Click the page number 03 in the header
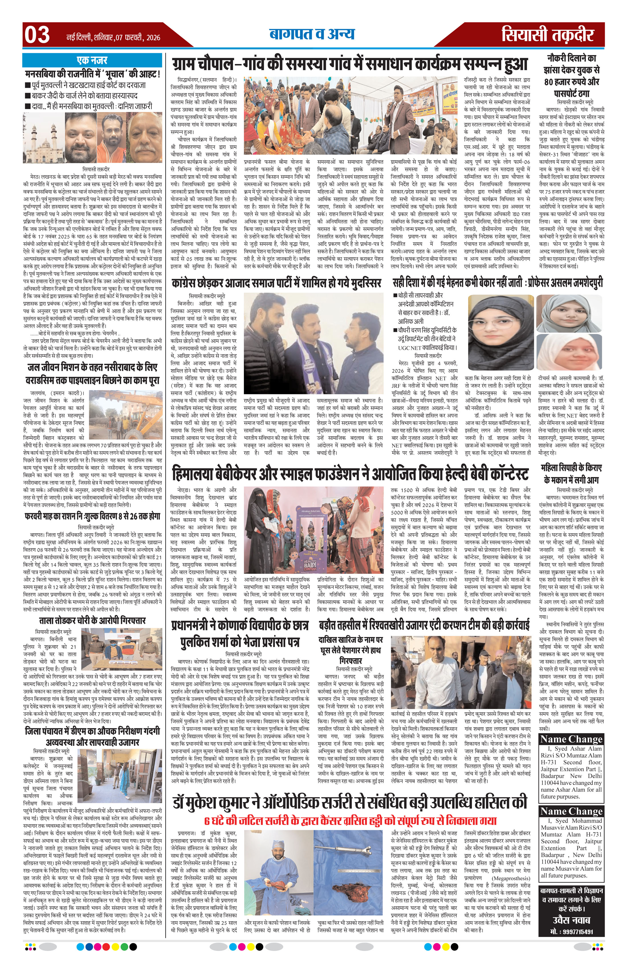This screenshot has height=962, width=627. (37, 35)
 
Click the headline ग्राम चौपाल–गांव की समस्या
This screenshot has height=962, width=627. (350, 64)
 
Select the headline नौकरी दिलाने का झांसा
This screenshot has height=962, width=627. (571, 76)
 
